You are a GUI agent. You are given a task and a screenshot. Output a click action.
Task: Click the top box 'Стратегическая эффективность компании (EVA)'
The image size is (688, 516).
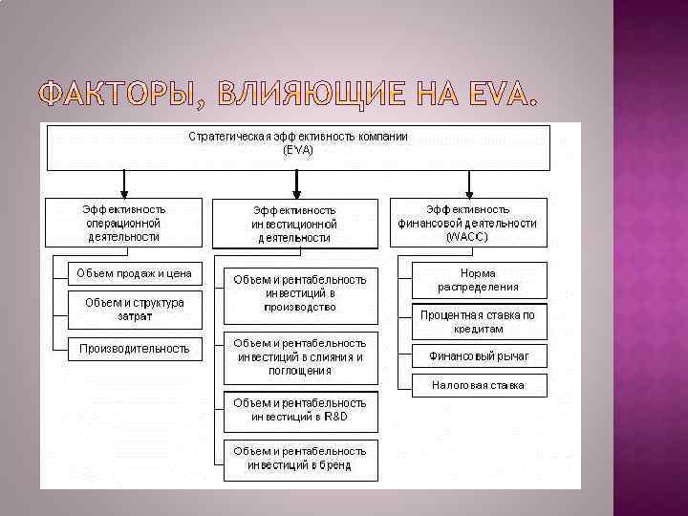[298, 145]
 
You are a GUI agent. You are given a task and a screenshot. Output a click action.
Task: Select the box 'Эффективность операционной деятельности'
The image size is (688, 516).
[123, 223]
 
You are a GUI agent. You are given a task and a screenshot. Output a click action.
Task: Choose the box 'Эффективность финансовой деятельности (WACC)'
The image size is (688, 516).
[467, 223]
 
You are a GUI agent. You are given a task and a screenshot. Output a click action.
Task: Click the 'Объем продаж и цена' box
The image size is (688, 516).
[134, 273]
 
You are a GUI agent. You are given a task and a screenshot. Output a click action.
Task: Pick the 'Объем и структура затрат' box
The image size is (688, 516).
[134, 309]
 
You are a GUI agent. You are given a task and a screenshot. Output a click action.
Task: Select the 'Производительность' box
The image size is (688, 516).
[134, 349]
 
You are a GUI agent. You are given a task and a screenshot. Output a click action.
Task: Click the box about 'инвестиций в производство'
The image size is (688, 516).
[300, 293]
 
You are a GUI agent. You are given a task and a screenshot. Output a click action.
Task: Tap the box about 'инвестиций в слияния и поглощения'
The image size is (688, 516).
[300, 356]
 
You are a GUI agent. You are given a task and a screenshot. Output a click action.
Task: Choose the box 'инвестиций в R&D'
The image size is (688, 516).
[300, 411]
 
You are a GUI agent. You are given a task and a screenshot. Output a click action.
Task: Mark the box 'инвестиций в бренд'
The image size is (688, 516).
[300, 459]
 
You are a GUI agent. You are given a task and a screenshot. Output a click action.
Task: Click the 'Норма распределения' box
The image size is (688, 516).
[479, 280]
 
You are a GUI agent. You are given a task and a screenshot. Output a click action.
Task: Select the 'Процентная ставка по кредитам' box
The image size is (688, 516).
[479, 321]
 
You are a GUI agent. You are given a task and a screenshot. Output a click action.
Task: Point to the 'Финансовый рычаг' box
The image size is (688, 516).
[479, 356]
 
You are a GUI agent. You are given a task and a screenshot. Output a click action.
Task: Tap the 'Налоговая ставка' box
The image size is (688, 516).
[479, 386]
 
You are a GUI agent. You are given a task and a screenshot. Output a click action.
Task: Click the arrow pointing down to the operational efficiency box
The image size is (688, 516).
[123, 183]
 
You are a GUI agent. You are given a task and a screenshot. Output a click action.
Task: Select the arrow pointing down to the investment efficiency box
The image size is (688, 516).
[298, 184]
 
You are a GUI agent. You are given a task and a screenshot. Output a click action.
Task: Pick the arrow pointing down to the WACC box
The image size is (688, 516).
[467, 183]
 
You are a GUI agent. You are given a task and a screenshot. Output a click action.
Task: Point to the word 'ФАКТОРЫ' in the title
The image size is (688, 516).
[115, 96]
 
